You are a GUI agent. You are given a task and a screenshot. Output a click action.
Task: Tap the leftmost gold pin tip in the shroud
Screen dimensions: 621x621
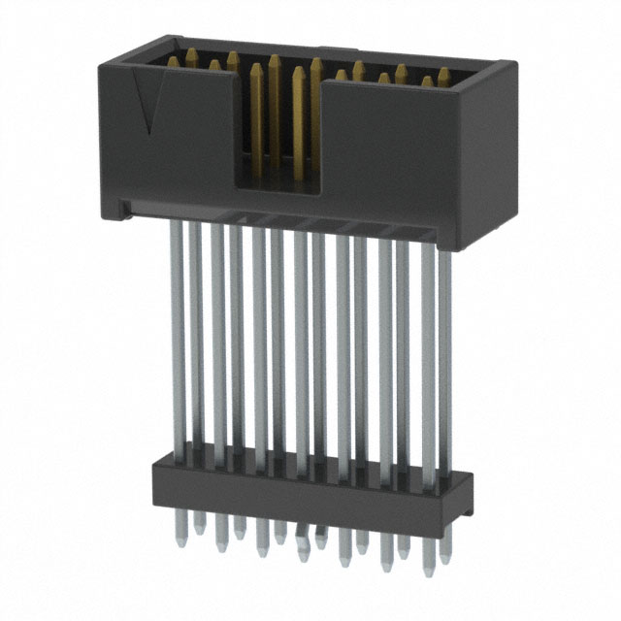pyautogui.click(x=176, y=62)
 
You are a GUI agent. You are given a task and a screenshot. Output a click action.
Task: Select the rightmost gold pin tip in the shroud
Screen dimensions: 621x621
pyautogui.click(x=444, y=74)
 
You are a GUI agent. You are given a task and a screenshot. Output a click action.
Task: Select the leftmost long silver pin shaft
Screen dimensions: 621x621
pyautogui.click(x=178, y=330)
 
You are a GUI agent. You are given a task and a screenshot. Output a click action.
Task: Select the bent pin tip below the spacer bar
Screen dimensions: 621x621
pyautogui.click(x=303, y=535)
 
